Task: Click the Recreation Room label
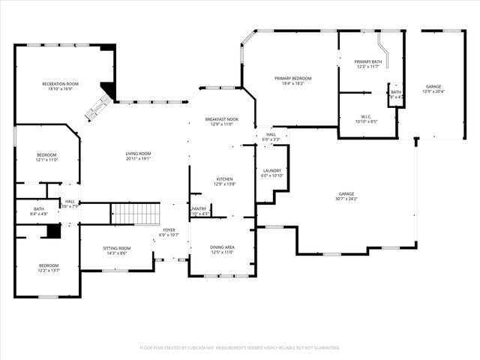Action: point(61,84)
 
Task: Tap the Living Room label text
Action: point(138,154)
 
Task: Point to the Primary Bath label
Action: point(368,62)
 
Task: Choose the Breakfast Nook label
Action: point(222,119)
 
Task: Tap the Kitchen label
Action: point(224,179)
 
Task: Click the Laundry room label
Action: point(271,171)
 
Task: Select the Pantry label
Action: point(199,209)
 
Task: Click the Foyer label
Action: point(169,230)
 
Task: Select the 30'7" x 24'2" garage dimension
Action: point(346,199)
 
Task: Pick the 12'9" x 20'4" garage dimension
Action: point(433,91)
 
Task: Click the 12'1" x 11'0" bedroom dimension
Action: point(46,160)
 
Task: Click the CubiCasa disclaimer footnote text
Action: point(240,348)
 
